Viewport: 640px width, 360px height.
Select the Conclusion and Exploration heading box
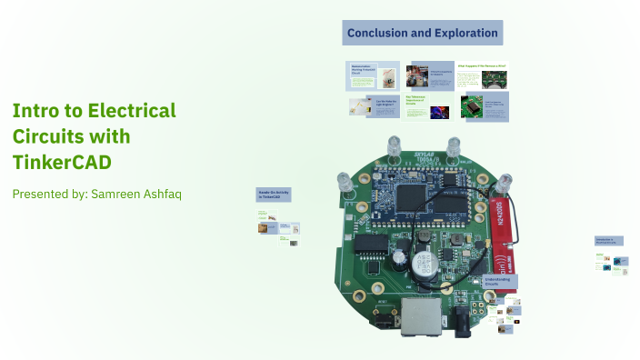tap(423, 34)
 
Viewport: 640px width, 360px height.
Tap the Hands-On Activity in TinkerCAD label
tap(274, 195)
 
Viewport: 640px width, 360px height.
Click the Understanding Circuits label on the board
tap(499, 282)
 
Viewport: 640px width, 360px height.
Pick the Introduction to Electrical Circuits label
tap(608, 242)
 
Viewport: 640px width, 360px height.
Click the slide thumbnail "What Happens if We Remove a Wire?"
tap(483, 75)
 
